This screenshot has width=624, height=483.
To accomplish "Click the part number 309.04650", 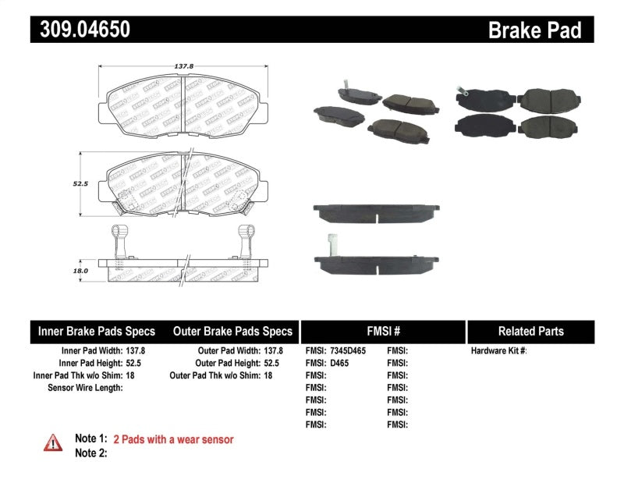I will point(80,30).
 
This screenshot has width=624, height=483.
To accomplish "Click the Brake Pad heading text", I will point(534,30).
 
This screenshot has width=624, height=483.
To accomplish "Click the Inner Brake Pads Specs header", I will point(97,331).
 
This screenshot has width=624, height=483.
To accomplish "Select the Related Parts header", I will point(530,331).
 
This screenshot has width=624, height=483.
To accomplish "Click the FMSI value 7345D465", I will point(348,351).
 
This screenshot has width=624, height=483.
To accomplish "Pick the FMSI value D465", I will point(339,364).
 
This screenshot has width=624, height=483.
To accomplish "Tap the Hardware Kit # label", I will point(498,351).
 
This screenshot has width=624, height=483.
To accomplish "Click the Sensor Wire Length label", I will point(85,387).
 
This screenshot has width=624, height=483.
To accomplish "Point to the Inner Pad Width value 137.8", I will point(136,351).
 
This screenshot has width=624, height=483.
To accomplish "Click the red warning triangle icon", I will point(54,442).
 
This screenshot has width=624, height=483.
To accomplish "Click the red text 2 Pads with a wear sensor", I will point(173,439).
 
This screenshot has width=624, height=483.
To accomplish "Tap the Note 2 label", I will point(90,453).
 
